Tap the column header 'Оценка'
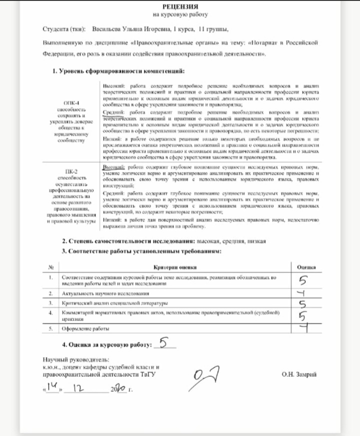[306, 267]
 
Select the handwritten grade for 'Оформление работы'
[303, 328]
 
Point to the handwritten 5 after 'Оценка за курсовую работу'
[166, 343]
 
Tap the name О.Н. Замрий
[298, 374]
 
